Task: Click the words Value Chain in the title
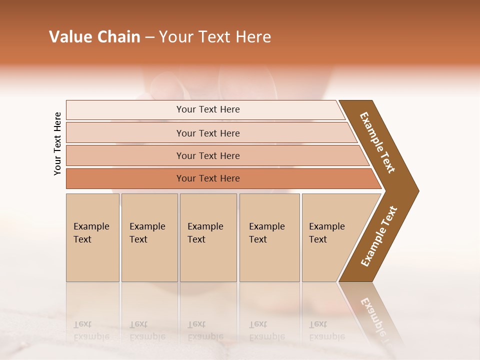coord(94,37)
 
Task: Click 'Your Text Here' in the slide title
coord(215,37)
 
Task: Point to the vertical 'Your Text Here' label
coord(57,144)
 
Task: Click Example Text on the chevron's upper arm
coord(377,142)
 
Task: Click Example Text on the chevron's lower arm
coord(379,236)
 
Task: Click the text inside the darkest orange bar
coord(208,178)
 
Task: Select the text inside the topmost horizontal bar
coord(208,109)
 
